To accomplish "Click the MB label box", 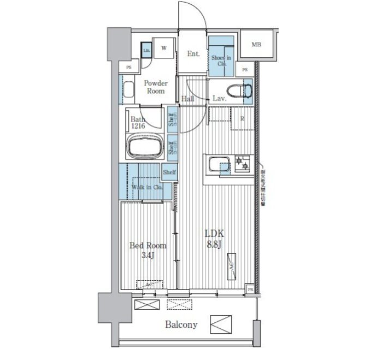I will (256, 45).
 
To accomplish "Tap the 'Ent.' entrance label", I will (193, 54).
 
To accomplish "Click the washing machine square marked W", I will (163, 48).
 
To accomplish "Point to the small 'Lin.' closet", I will (146, 51).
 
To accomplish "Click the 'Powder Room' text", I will (155, 87).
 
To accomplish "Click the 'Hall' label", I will (188, 99).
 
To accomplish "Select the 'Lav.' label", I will (220, 99).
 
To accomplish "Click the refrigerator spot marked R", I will (241, 118).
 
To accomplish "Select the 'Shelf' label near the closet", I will (169, 173).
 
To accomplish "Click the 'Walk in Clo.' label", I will (147, 188).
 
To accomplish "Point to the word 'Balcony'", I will (181, 325).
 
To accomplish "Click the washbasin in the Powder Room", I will (129, 89).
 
